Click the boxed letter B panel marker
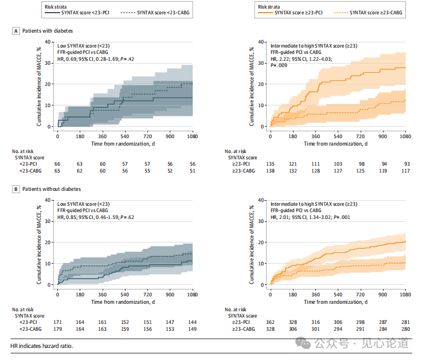coord(16,189)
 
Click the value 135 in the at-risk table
coord(270,163)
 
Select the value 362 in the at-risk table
coord(270,322)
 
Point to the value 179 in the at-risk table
coord(57,329)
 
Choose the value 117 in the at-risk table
coord(405,170)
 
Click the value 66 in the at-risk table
coord(57,163)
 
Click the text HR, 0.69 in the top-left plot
coord(69,58)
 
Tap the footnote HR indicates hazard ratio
coord(42,346)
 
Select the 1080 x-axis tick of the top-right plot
coord(405,137)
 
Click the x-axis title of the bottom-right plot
coord(338,302)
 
